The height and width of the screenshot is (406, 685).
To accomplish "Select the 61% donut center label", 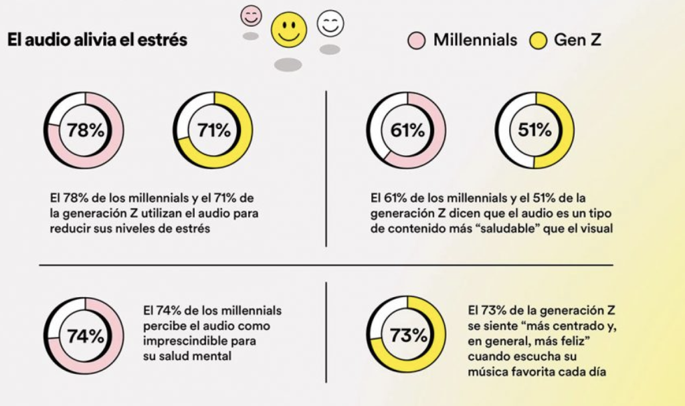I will click(407, 130).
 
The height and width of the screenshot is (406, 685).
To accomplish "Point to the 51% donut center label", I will click(534, 130).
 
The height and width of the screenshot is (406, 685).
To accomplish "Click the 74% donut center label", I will click(86, 336).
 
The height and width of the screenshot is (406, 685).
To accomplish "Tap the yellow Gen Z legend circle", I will click(538, 41).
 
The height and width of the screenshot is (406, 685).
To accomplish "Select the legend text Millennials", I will click(475, 40).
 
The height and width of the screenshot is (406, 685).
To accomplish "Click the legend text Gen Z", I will click(577, 40).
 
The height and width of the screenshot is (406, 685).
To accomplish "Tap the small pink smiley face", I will click(252, 16).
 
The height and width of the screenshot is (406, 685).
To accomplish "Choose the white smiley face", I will click(330, 24).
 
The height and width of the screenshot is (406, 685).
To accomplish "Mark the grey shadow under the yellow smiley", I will click(288, 64).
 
